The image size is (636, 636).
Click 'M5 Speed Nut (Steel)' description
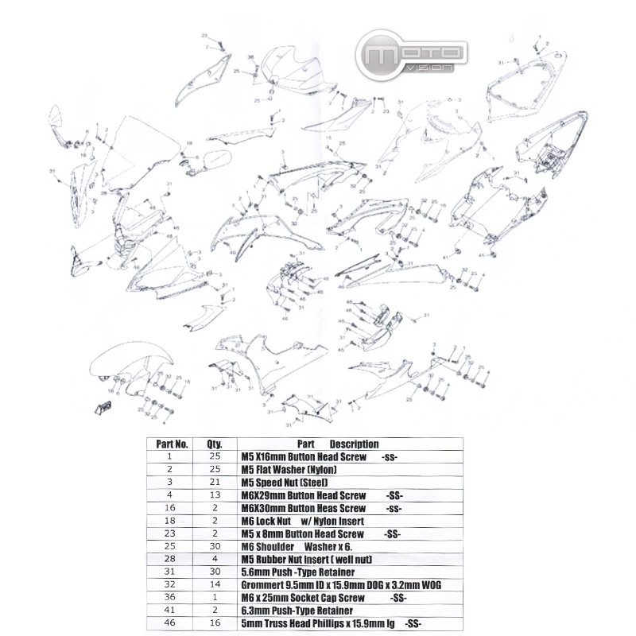coord(284,483)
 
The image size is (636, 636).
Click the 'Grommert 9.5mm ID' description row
coord(340,585)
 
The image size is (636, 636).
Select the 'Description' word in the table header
coord(354,444)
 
